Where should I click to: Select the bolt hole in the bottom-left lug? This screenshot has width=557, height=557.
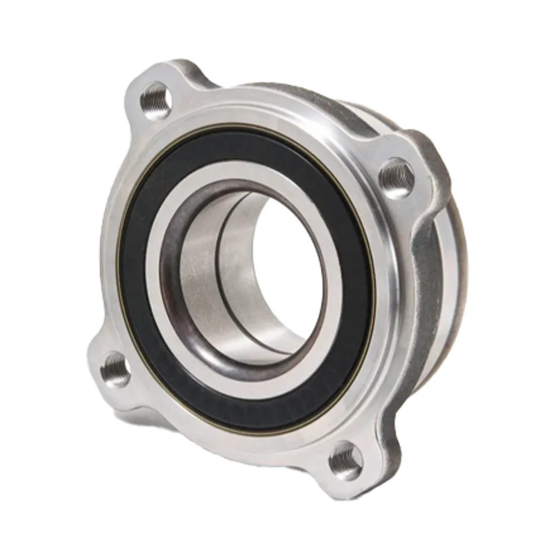click(116, 369)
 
